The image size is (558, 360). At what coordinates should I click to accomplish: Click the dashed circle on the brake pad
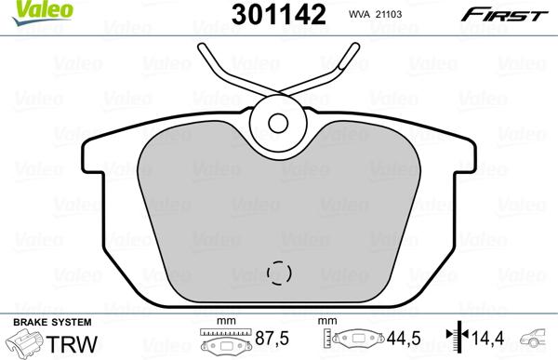(x=279, y=273)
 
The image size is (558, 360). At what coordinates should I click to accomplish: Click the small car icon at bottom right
(x=537, y=339)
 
